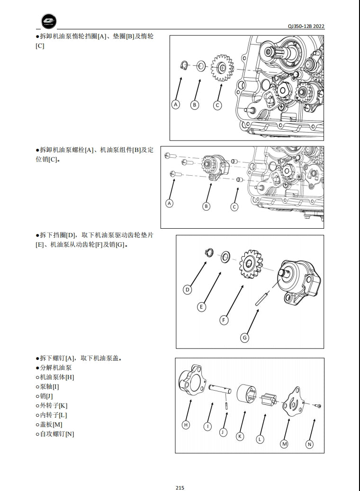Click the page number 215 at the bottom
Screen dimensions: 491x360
point(180,488)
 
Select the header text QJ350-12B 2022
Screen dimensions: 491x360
point(306,26)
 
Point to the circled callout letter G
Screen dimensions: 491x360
point(244,338)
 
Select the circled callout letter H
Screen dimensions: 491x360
point(186,425)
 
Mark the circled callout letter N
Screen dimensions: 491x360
point(309,444)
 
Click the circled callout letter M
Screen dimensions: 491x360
point(284,444)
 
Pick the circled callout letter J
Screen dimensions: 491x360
point(223,431)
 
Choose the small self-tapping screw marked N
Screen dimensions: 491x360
point(318,406)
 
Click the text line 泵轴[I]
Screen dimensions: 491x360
point(49,386)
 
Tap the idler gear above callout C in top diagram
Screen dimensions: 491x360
point(221,67)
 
